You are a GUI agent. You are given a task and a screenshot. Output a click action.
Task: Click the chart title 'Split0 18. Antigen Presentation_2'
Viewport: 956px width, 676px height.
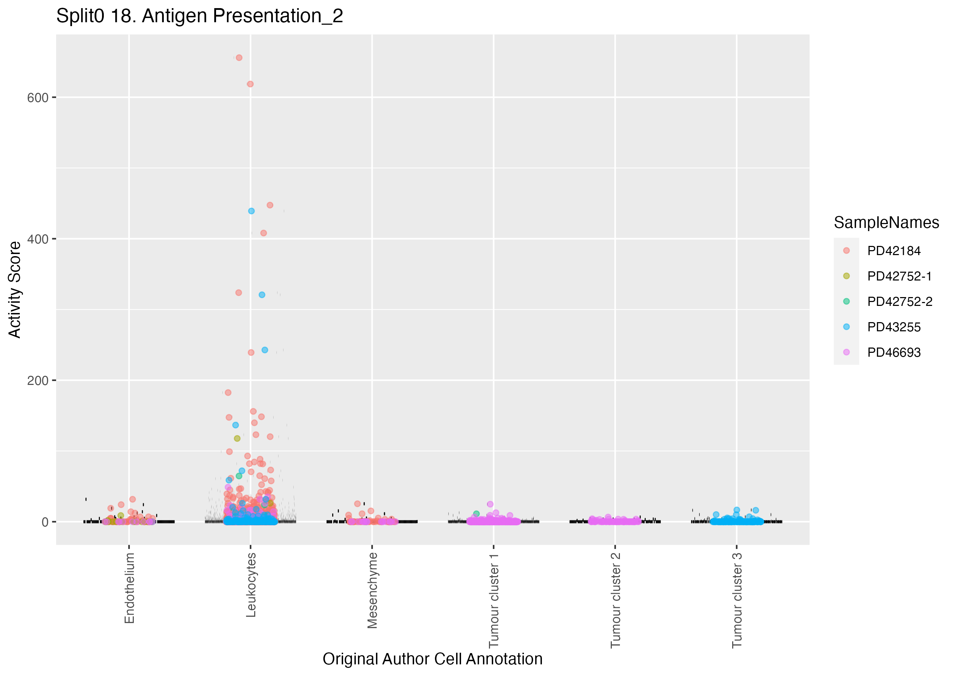199,16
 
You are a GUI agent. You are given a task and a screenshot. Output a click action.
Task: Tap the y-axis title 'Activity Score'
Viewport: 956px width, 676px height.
14,290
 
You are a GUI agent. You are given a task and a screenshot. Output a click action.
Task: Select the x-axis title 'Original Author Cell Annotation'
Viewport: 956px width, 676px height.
432,659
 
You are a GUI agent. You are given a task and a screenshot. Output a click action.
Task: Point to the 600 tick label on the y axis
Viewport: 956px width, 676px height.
37,98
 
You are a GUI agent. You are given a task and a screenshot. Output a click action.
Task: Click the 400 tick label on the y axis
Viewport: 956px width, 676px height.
37,239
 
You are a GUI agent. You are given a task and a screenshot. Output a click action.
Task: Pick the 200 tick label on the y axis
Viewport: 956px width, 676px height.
37,380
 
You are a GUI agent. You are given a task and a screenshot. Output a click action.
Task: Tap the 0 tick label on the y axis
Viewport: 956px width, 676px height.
45,522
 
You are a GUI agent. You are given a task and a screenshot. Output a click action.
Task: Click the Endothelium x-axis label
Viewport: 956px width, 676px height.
130,588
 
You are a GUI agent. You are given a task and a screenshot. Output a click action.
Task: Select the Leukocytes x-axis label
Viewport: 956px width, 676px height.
251,585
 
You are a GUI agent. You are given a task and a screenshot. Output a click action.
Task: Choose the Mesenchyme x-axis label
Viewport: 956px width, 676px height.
372,590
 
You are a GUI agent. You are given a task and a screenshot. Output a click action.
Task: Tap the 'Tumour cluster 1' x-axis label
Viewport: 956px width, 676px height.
494,600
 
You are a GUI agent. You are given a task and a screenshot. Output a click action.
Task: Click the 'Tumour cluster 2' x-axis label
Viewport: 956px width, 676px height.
615,600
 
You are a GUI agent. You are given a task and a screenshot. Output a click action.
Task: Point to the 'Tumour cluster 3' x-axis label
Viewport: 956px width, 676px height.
737,600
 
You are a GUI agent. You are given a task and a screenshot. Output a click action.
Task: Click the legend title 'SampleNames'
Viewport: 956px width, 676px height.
886,223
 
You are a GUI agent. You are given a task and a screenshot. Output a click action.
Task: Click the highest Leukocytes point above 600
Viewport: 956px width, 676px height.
239,58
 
